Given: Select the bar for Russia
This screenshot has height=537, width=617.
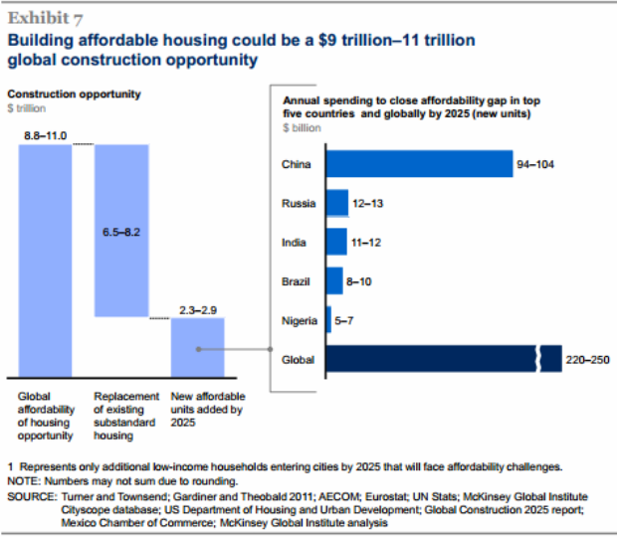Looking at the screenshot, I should point(336,203).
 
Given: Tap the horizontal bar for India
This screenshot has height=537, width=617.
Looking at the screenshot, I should point(335,242).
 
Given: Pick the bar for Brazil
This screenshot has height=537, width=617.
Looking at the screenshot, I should point(333,280).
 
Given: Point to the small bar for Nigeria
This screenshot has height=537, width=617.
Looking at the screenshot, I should point(328,319).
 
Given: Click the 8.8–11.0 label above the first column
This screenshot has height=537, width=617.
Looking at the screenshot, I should point(45,133).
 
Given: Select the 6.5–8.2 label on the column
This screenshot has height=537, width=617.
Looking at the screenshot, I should point(121,232).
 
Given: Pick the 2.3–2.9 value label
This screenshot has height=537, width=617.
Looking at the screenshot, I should point(196,309).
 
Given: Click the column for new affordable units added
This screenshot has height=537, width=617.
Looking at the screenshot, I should point(196,348).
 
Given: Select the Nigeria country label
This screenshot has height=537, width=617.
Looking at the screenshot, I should point(300,319).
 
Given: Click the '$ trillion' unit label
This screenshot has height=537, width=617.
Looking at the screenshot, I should point(27,107).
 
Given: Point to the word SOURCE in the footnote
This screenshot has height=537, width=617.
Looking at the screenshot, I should point(31,494).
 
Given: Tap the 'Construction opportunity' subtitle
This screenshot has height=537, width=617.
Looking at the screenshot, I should point(75,94).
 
